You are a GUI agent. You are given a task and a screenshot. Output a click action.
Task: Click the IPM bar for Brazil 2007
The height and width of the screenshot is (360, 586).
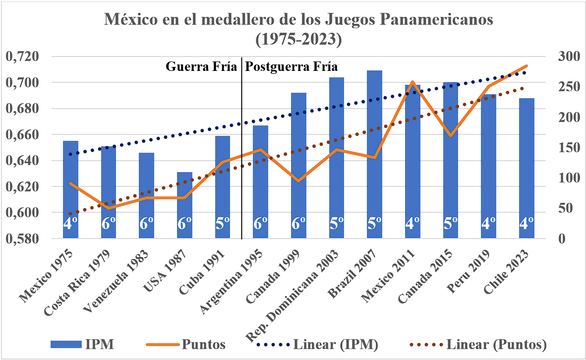375,154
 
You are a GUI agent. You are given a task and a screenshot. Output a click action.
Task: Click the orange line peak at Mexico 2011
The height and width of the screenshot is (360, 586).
412,82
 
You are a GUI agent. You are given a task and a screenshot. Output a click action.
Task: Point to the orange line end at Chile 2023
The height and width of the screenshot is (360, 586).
527,65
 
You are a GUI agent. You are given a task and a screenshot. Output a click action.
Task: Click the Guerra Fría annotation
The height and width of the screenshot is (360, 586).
201,67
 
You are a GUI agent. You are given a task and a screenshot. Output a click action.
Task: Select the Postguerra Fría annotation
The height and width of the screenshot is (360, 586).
292,67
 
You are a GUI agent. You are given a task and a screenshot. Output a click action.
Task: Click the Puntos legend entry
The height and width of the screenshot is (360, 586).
203,344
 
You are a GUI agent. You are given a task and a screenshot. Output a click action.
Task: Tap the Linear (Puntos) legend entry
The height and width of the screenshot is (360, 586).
496,344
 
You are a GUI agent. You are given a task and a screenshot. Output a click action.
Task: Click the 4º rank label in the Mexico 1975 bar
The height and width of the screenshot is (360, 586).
70,224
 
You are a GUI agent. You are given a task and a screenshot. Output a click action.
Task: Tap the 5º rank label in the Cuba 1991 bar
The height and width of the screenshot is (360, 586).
223,224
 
